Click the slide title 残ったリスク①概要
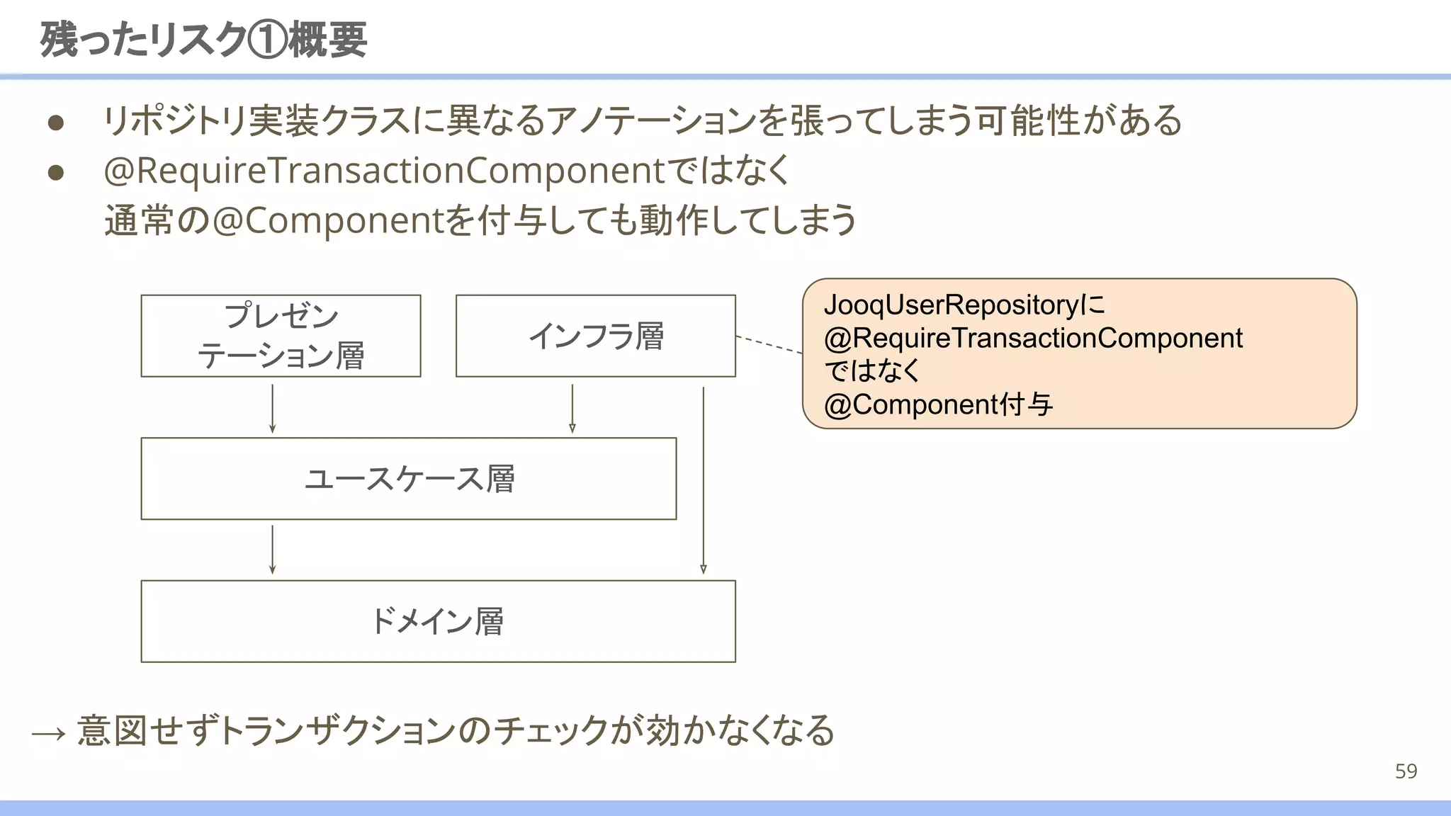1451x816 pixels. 203,40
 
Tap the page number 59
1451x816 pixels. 1406,771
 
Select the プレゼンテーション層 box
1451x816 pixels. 281,336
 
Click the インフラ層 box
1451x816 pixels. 595,336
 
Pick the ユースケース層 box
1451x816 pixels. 409,479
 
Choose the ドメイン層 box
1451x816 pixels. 438,621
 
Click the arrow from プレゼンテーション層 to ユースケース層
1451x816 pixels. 272,408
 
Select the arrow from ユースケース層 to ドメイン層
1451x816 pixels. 272,549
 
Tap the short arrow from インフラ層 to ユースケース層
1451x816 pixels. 572,408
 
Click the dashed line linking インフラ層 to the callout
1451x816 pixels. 769,344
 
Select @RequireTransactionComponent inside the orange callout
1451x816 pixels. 1033,339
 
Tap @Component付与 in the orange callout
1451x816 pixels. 938,405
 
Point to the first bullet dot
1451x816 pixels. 56,123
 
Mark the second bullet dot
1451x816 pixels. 56,173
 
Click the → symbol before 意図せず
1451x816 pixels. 49,733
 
